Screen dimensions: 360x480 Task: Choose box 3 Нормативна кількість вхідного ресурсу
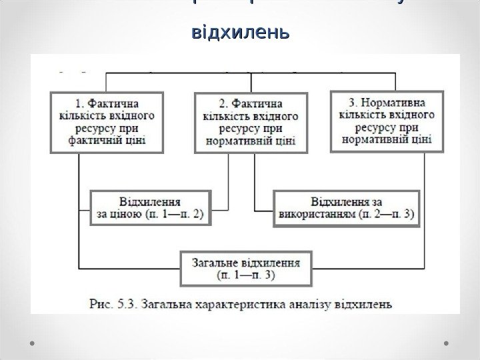pos(386,121)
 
